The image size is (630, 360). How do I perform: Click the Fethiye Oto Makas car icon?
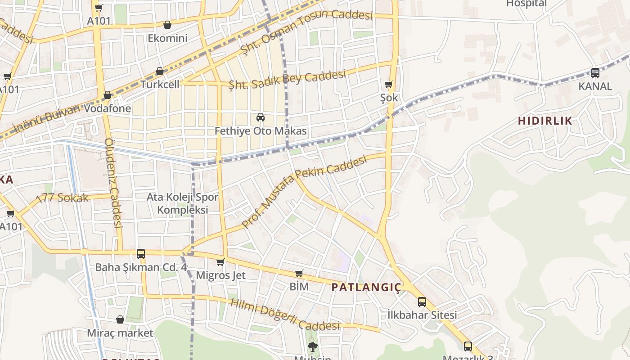coord(260,118)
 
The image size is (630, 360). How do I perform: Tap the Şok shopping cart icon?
coord(389,85)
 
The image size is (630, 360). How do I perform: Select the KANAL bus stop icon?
coord(595,72)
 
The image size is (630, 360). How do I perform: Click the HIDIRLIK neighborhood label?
coord(544,121)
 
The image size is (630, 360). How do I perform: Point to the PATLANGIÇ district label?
coord(366,288)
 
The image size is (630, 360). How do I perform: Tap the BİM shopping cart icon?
coord(299,273)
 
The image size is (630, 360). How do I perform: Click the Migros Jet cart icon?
coord(220,262)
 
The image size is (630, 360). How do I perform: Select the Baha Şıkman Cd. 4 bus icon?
coord(141,254)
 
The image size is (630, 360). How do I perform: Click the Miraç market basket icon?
coord(120,319)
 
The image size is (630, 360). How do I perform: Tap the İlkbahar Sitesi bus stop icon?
coord(422,301)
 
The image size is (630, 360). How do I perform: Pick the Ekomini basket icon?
coord(167,25)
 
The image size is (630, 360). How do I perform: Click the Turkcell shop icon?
coord(159,71)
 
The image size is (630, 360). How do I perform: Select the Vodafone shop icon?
coord(107,95)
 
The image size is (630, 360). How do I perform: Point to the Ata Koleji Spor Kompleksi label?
coord(182,203)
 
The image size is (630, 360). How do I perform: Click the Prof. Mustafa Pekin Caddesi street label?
coord(304,191)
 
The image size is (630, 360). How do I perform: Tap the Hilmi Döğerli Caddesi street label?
coord(285,314)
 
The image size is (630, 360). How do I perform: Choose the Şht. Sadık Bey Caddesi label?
coord(287,80)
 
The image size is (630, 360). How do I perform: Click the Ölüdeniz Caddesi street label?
coord(113,183)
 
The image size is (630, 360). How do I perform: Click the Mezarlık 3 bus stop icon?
coord(468,346)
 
